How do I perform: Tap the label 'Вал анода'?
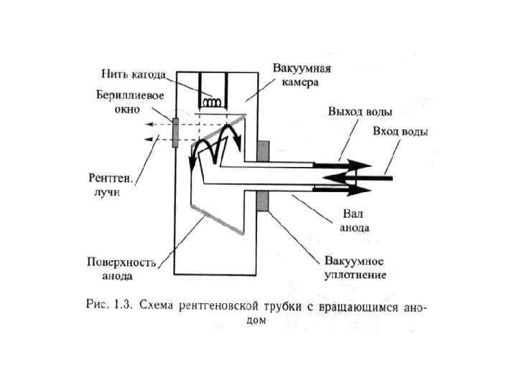pyautogui.click(x=357, y=221)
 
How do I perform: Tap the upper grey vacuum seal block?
pyautogui.click(x=263, y=150)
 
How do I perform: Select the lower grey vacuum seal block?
pyautogui.click(x=263, y=201)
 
